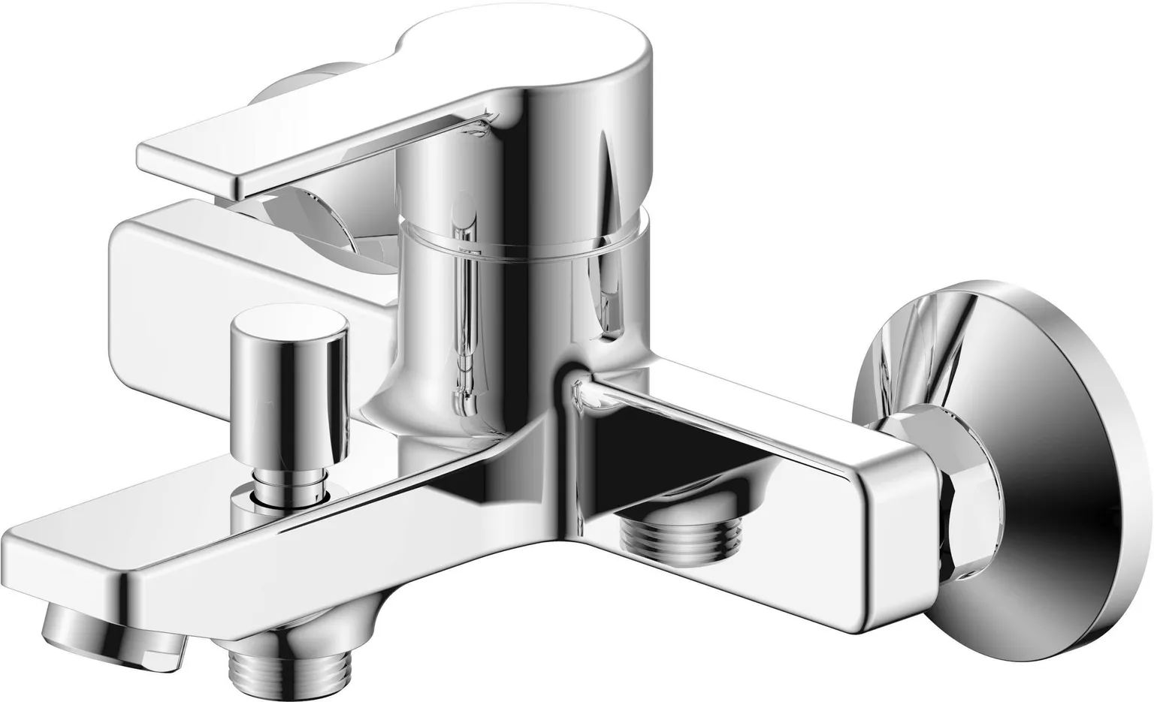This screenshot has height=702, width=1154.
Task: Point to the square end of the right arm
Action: pyautogui.click(x=902, y=518)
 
